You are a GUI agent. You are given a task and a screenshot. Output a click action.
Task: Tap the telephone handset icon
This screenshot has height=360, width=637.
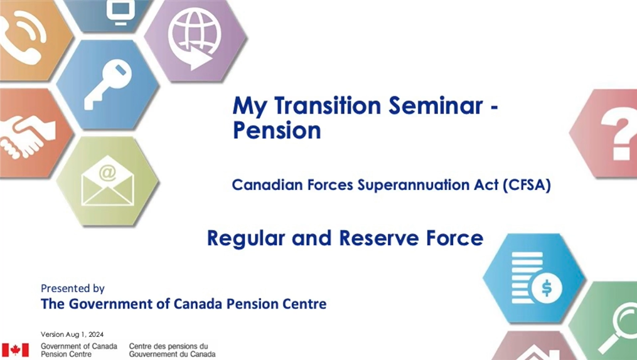[23, 36]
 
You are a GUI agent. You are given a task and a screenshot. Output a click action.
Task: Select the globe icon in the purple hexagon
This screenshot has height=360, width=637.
[195, 38]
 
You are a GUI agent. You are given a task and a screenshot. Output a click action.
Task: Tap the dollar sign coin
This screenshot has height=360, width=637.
[547, 288]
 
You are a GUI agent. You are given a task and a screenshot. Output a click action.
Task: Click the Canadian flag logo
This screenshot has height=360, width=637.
[16, 350]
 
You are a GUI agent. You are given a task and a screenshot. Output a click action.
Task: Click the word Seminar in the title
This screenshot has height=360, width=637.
[436, 105]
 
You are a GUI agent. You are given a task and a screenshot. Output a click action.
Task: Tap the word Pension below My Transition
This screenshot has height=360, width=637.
[277, 130]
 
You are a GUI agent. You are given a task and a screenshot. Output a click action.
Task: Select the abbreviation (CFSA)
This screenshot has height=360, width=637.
[527, 185]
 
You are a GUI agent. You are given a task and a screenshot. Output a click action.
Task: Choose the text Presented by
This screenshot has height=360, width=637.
[73, 289]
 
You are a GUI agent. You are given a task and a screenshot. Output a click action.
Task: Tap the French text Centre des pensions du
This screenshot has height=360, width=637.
[169, 346]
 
